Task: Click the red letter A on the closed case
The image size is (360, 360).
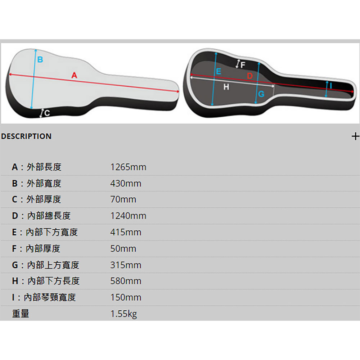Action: click(74, 75)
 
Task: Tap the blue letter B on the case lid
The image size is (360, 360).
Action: click(40, 59)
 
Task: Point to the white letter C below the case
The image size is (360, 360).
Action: click(47, 113)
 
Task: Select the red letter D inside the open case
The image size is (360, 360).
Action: click(250, 76)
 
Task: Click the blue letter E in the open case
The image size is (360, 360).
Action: click(219, 72)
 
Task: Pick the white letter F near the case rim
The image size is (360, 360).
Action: click(243, 65)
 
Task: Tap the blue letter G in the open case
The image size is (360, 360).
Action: click(261, 94)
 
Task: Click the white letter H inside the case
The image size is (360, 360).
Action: click(226, 87)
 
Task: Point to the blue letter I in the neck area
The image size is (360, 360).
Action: click(330, 86)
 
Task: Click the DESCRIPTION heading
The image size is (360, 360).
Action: click(26, 136)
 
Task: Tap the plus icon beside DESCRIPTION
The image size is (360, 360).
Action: click(355, 136)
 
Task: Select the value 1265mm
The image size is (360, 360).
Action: click(128, 167)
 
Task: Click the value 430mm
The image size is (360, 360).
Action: click(126, 184)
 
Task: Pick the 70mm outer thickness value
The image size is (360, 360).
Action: click(123, 199)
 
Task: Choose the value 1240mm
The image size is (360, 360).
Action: click(128, 216)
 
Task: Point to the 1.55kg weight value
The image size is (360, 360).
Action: click(123, 314)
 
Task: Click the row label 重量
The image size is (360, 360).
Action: click(21, 314)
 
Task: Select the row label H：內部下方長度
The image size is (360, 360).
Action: click(46, 281)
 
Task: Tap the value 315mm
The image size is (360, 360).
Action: click(126, 265)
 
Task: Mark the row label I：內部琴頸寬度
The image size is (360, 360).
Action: click(44, 297)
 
